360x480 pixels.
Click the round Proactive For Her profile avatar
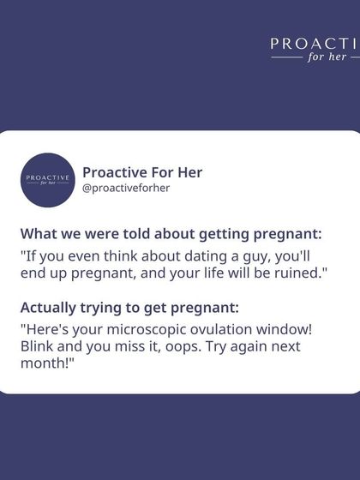click(x=47, y=179)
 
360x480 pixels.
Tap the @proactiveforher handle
click(x=126, y=188)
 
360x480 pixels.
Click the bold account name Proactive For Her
click(x=142, y=171)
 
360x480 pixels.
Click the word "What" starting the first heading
click(x=38, y=234)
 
